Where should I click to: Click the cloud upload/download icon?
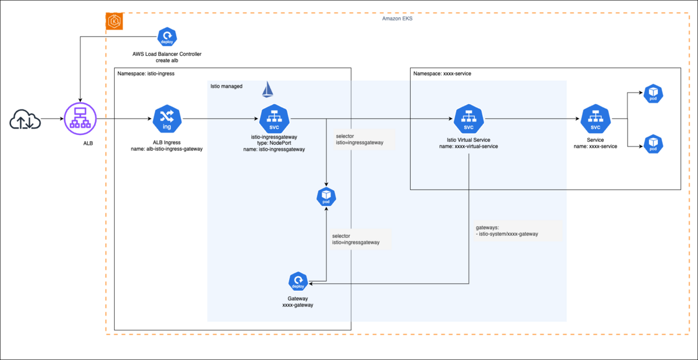[x=24, y=120]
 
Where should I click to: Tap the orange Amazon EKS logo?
[x=114, y=22]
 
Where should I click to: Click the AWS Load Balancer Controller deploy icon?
[x=166, y=37]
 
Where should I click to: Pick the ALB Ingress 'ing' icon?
[x=167, y=120]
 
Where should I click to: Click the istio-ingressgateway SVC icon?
[x=273, y=120]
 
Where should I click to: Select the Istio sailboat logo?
[x=268, y=89]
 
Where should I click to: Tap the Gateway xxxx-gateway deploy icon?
[x=298, y=283]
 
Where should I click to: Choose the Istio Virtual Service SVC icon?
[x=468, y=120]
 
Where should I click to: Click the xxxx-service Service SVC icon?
[x=595, y=120]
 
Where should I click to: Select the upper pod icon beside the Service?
[x=653, y=94]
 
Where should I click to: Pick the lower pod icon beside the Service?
[x=653, y=144]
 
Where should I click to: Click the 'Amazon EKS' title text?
[x=397, y=19]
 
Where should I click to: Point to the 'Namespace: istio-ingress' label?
[x=146, y=74]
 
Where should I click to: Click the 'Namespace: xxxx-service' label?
[x=441, y=74]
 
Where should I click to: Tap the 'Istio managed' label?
[x=226, y=86]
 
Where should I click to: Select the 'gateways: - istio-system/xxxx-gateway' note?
[x=507, y=230]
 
